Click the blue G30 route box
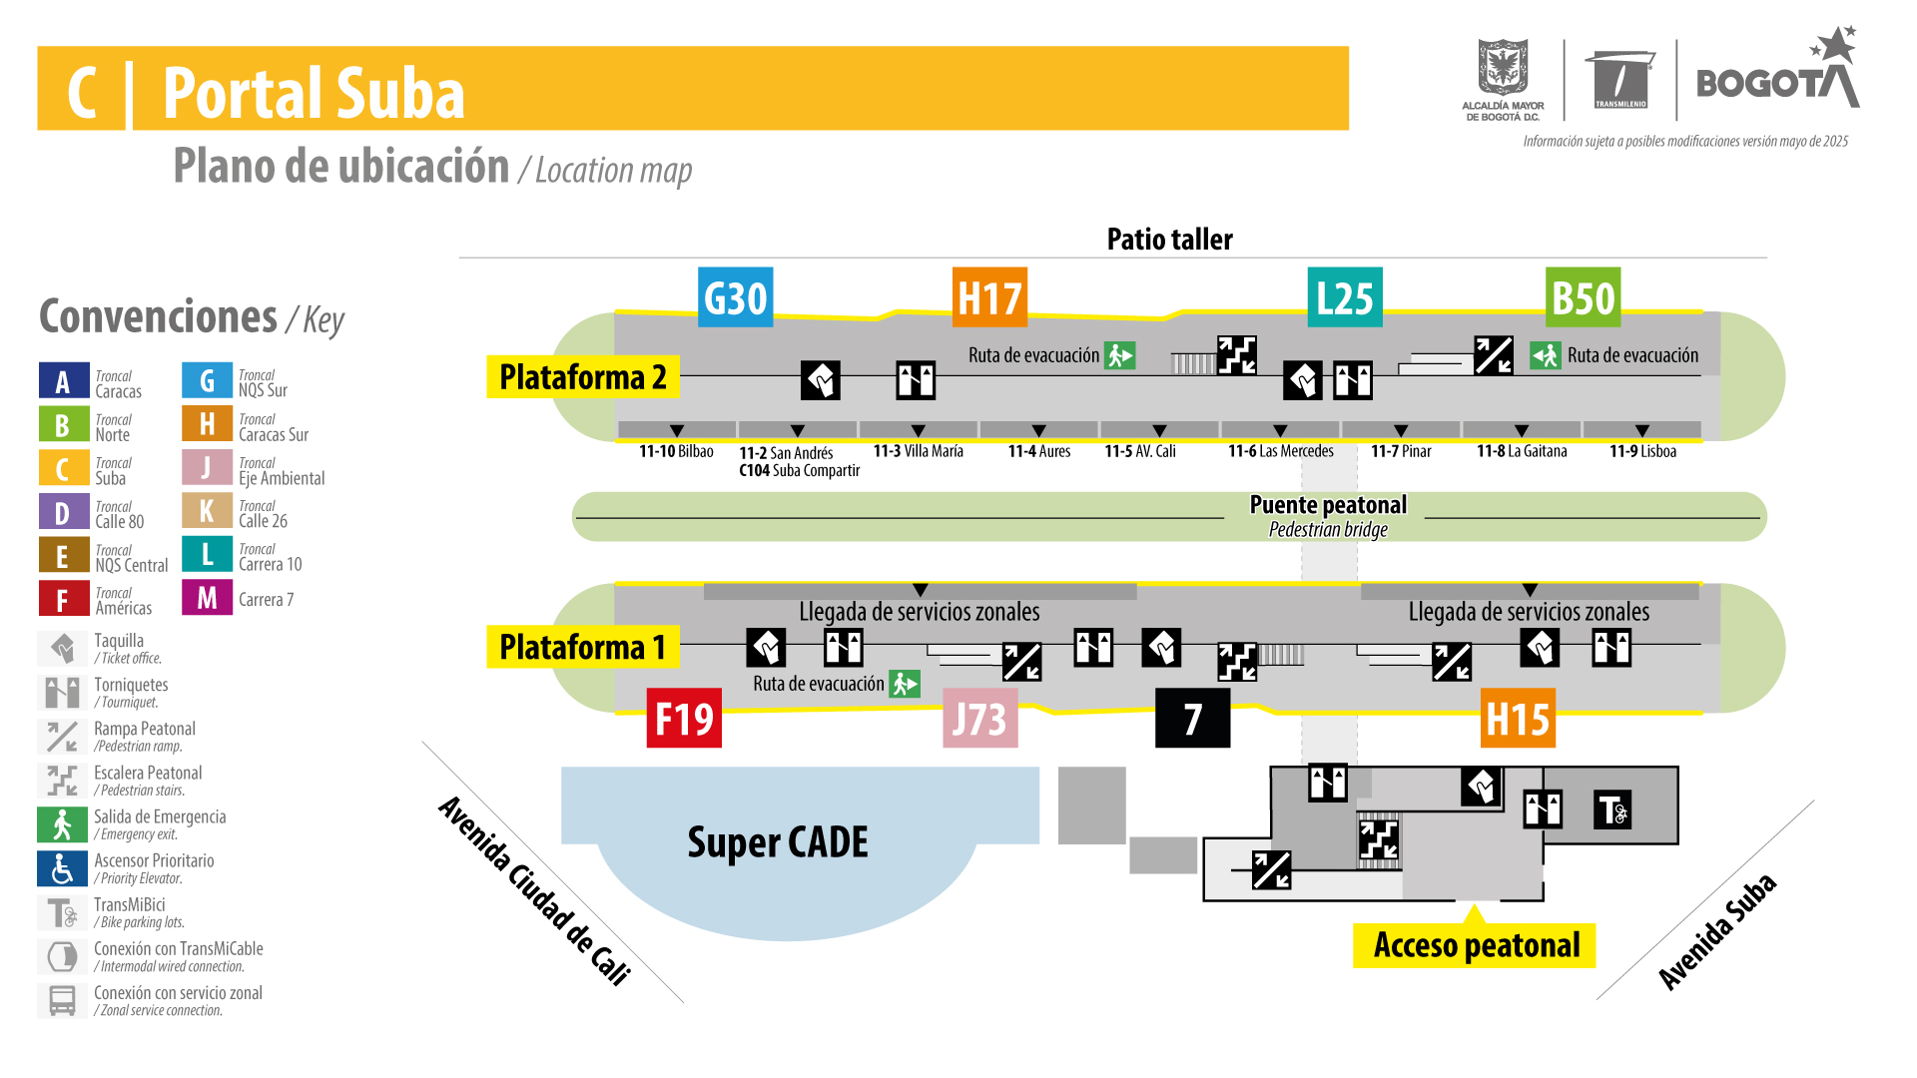pyautogui.click(x=735, y=297)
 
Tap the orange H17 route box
pyautogui.click(x=989, y=297)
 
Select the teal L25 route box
pyautogui.click(x=1345, y=297)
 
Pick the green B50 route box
pyautogui.click(x=1583, y=297)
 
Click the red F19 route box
pyautogui.click(x=684, y=718)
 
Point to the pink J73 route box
pyautogui.click(x=979, y=718)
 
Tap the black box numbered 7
pyautogui.click(x=1192, y=718)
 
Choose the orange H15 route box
pyautogui.click(x=1518, y=718)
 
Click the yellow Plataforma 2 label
pyautogui.click(x=583, y=377)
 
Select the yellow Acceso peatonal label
pyautogui.click(x=1475, y=945)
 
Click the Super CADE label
pyautogui.click(x=778, y=842)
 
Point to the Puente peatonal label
pyautogui.click(x=1328, y=505)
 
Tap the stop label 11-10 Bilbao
pyautogui.click(x=676, y=451)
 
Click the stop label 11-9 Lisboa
pyautogui.click(x=1642, y=451)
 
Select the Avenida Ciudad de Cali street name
pyautogui.click(x=535, y=890)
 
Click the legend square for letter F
pyautogui.click(x=62, y=599)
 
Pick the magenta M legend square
pyautogui.click(x=207, y=598)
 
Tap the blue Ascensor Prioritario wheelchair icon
pyautogui.click(x=62, y=868)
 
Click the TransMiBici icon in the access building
pyautogui.click(x=1612, y=809)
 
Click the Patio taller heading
pyautogui.click(x=1169, y=240)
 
